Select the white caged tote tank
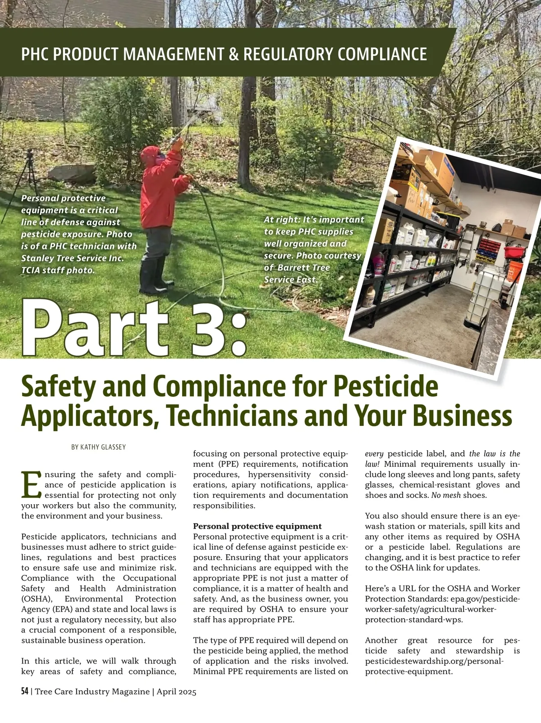point(483,295)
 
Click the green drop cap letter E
point(31,484)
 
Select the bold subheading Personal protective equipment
point(257,526)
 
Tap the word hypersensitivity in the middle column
point(279,474)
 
